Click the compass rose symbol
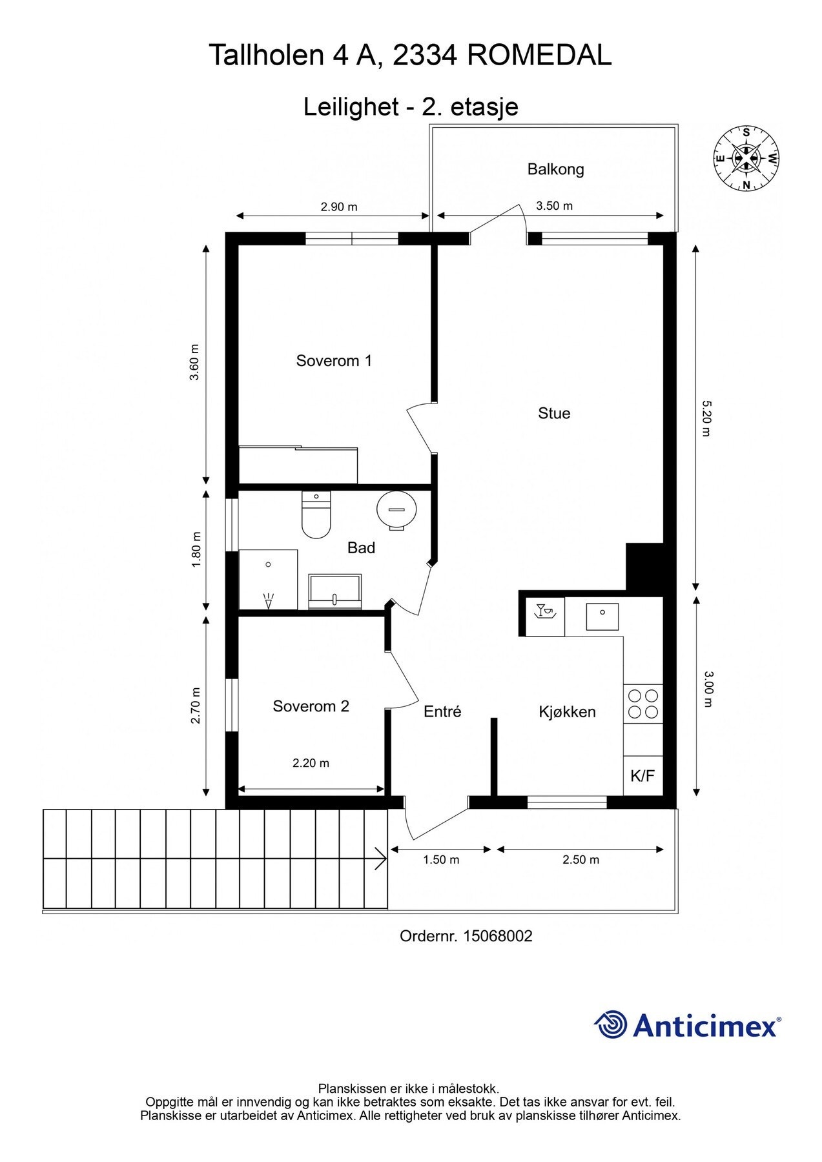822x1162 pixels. (x=746, y=158)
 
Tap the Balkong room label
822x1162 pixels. (x=555, y=169)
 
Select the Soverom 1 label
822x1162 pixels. (x=334, y=360)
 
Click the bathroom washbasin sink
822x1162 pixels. (x=334, y=590)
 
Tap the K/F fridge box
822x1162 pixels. (x=642, y=775)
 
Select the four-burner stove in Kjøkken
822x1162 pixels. (x=643, y=704)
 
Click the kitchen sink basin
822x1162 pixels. (x=602, y=616)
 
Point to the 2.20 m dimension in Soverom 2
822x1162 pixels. (x=311, y=763)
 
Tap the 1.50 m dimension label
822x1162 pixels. (x=441, y=859)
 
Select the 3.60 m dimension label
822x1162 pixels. (x=194, y=363)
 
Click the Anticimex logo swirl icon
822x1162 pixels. (x=610, y=1025)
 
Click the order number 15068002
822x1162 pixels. (x=497, y=936)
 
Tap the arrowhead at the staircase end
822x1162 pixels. (x=381, y=859)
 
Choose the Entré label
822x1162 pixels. (x=442, y=711)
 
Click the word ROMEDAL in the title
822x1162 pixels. (x=539, y=56)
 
